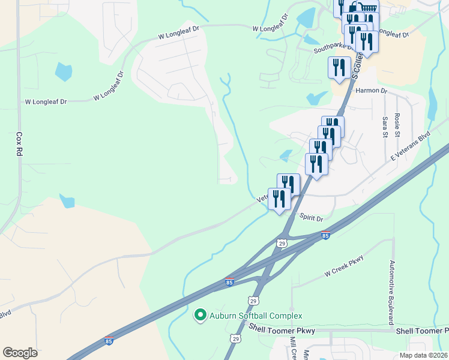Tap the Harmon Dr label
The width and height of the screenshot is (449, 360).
click(372, 91)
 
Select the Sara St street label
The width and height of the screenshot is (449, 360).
click(385, 126)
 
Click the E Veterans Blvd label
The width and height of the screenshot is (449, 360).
click(411, 146)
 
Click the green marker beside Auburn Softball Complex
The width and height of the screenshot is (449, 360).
click(199, 314)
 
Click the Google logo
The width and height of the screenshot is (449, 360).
click(20, 353)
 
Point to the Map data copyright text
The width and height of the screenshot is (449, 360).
click(424, 355)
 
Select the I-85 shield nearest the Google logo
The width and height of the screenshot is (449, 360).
click(109, 340)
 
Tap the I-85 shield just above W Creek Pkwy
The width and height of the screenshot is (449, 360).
click(325, 235)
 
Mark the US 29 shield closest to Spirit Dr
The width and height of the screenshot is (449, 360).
click(282, 242)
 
